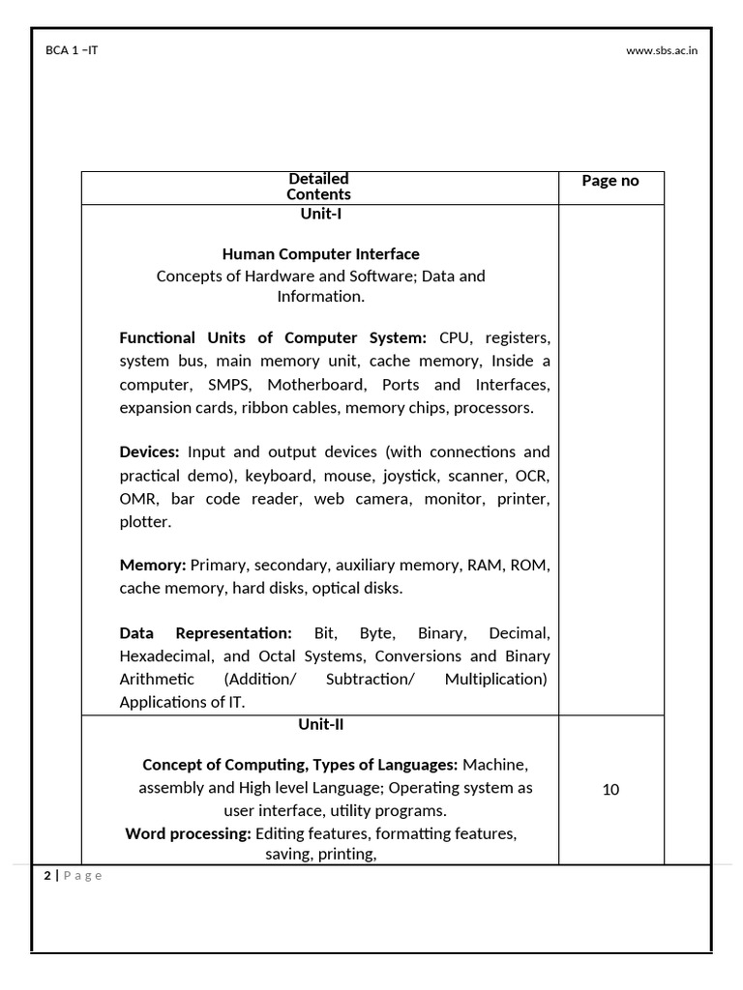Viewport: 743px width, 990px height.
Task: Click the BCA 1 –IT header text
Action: coord(72,50)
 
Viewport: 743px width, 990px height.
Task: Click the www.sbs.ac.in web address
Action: coord(662,50)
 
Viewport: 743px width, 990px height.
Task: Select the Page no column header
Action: coord(609,181)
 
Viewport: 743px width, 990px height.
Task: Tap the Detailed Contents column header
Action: coord(318,187)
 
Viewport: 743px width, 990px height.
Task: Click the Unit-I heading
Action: coord(320,214)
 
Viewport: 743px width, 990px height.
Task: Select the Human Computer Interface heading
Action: coord(320,254)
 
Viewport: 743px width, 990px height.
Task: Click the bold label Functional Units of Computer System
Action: coord(272,337)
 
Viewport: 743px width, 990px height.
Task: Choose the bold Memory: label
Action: coord(153,565)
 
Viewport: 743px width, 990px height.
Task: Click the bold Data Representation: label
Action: coord(205,633)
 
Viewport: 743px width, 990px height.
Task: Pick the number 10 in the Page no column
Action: coord(610,789)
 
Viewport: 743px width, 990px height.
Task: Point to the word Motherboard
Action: coord(314,385)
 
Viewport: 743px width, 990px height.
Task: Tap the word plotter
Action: coord(145,522)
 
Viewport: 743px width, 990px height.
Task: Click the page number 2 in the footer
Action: coord(46,876)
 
